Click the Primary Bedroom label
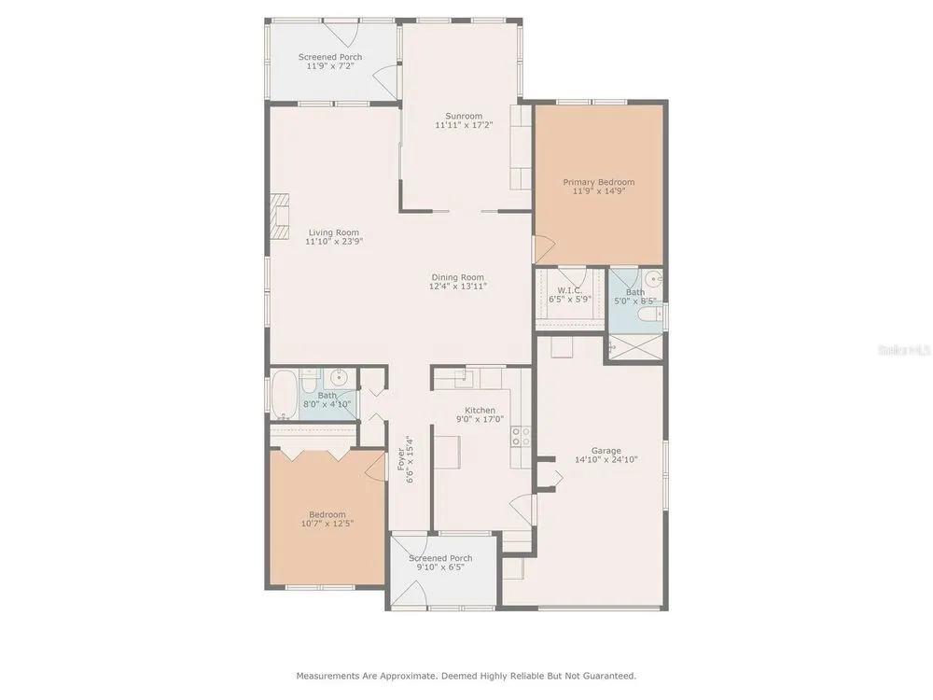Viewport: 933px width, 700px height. [599, 182]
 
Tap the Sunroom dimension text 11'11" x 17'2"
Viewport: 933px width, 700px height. [464, 126]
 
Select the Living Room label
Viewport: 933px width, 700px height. [334, 232]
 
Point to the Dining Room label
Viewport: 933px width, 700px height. [457, 277]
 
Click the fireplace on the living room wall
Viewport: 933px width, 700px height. [280, 217]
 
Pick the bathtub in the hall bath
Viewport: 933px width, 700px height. [284, 394]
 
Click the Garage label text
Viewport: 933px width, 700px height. [606, 451]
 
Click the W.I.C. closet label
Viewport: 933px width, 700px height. [569, 290]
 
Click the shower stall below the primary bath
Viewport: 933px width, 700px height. [634, 347]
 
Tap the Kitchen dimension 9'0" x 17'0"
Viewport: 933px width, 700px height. [480, 419]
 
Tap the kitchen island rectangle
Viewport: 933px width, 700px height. [447, 452]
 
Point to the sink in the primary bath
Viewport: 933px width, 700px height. [655, 278]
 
